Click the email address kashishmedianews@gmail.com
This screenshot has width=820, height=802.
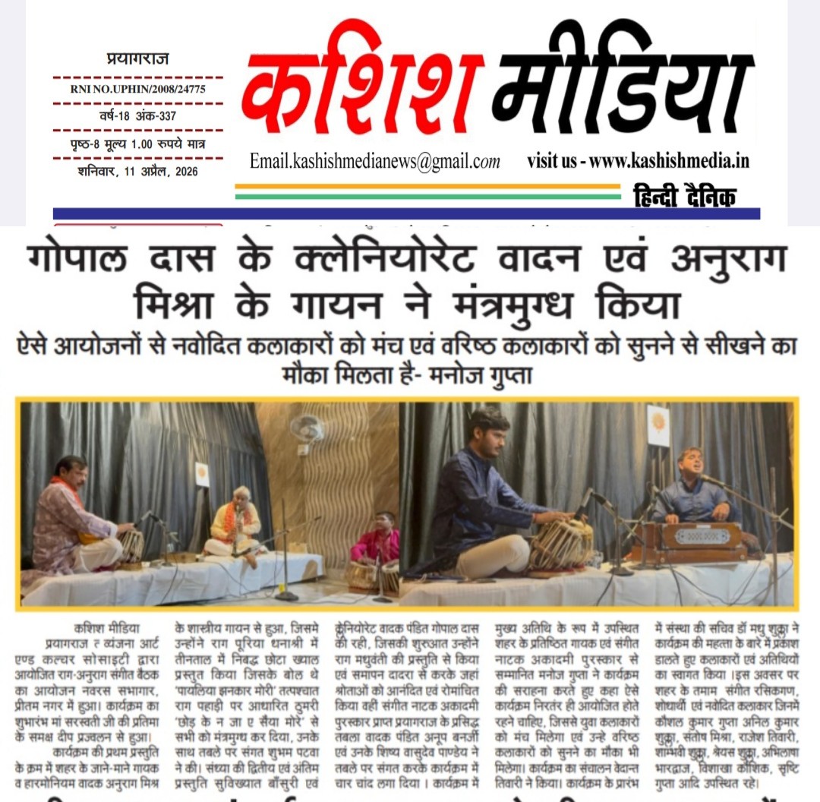[375, 161]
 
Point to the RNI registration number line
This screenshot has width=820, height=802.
[138, 88]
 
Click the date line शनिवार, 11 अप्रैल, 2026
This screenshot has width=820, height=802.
[137, 171]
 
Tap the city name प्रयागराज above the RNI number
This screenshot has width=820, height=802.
[137, 59]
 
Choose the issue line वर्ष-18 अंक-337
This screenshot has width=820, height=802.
[138, 115]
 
